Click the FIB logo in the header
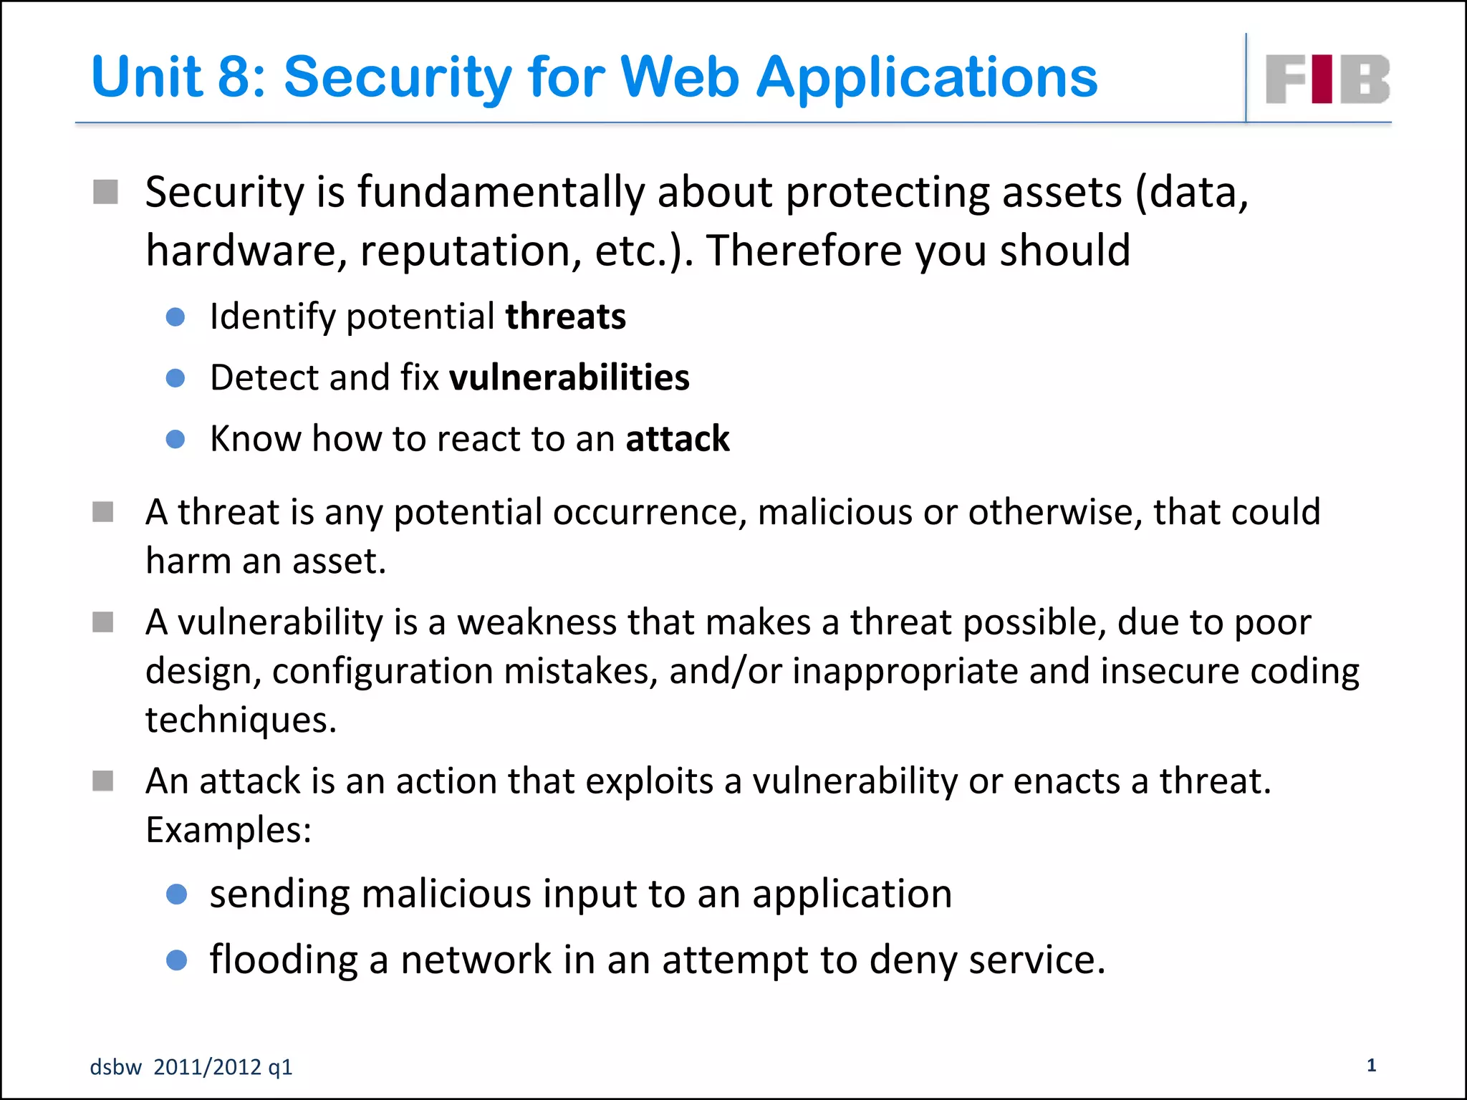pos(1327,79)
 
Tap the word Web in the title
pos(679,77)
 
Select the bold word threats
pos(565,317)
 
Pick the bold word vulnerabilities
pos(569,377)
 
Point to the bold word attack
pos(677,438)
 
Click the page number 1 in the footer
pos(1371,1065)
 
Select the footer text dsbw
pos(115,1067)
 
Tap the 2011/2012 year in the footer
pos(207,1067)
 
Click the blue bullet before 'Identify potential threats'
pos(175,317)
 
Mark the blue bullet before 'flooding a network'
pos(176,960)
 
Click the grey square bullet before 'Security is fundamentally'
pos(105,192)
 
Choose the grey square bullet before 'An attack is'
pos(103,781)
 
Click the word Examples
pos(228,830)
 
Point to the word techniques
pos(240,720)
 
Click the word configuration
pos(383,672)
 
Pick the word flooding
pos(284,960)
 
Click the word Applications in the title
pos(926,77)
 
